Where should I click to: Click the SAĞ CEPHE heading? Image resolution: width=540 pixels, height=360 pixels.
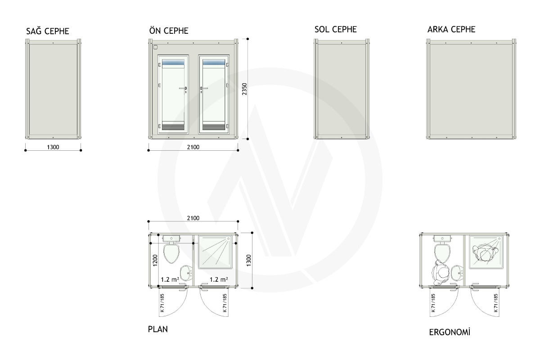[48, 31]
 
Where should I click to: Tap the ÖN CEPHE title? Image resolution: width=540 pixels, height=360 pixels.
[169, 30]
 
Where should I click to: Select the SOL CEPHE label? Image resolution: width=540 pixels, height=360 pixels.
[335, 29]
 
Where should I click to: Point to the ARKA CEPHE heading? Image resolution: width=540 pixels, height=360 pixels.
[451, 29]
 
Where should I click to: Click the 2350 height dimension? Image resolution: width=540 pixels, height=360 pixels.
[244, 89]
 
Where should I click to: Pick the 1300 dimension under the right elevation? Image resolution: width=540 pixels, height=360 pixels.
[53, 147]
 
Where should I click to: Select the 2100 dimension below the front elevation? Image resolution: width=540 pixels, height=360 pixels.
[193, 147]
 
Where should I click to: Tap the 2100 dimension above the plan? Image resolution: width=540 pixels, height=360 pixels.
[193, 218]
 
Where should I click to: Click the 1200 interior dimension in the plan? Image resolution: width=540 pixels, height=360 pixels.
[155, 261]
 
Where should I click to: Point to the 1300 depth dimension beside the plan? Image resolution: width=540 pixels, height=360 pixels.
[249, 261]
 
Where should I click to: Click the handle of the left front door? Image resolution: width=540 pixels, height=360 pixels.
[183, 89]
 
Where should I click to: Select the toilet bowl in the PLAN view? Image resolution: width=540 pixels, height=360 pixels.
[171, 253]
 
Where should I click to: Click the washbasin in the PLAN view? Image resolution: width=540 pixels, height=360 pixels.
[187, 273]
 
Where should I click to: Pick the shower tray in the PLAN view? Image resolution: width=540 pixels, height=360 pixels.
[215, 252]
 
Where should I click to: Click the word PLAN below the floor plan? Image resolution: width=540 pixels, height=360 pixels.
[157, 329]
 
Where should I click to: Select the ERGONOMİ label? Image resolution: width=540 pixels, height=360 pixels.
[450, 332]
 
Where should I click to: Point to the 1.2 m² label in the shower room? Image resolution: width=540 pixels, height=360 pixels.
[219, 279]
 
